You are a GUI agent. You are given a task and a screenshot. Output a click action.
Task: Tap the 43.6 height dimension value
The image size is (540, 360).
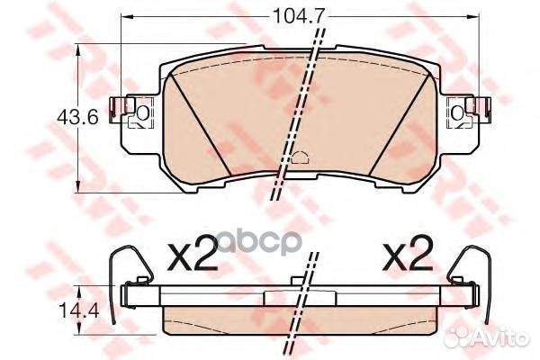tap(77, 118)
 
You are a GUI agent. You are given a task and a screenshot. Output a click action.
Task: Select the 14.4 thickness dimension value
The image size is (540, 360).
tap(78, 311)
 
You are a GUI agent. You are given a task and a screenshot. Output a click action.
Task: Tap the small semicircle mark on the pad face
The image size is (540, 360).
tap(301, 157)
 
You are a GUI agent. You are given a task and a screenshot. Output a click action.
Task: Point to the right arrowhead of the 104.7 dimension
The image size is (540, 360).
tap(474, 16)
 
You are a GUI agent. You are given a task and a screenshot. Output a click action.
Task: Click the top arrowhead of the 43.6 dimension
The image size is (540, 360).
tap(78, 50)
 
